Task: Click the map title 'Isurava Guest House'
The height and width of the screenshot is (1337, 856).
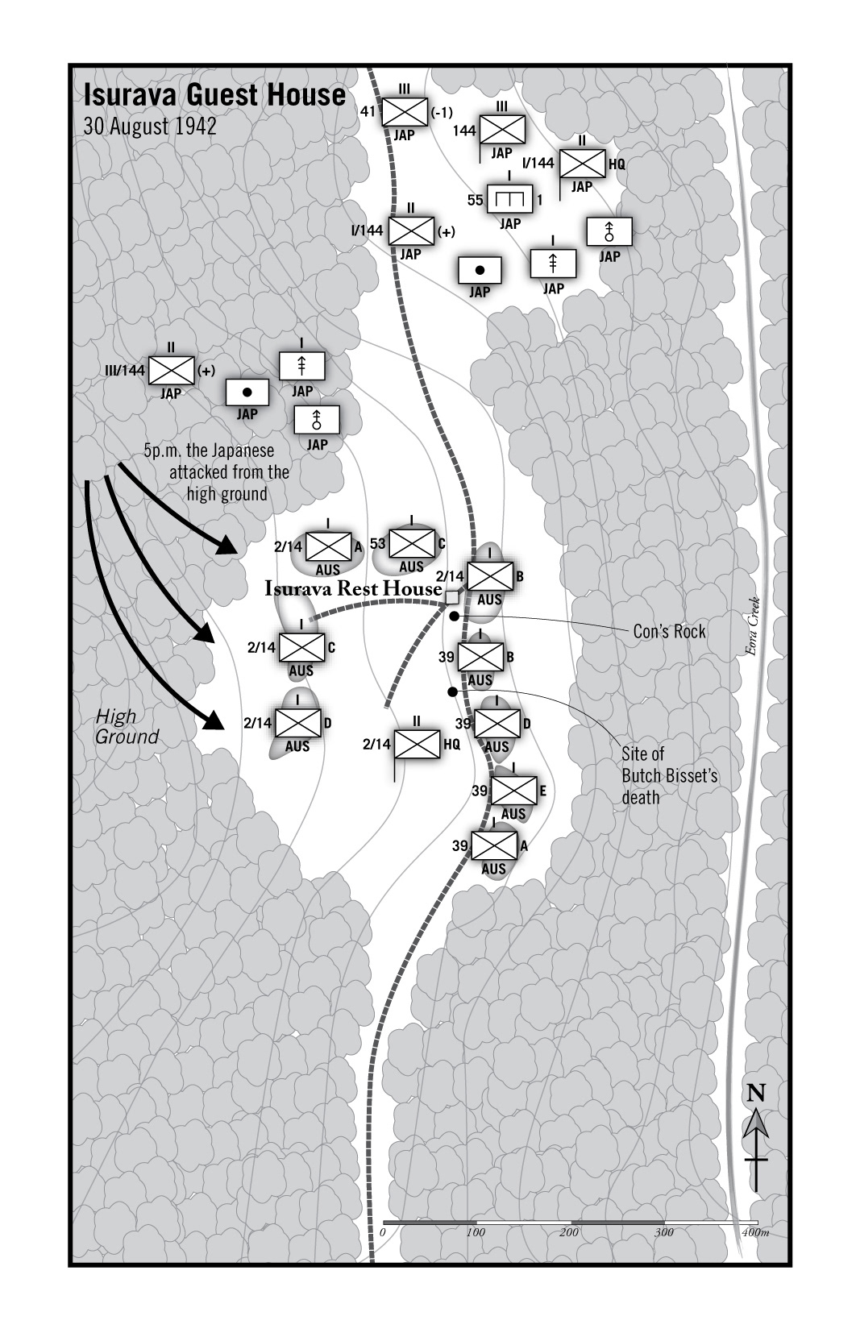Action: click(x=214, y=95)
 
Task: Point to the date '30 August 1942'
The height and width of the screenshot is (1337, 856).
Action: click(x=150, y=127)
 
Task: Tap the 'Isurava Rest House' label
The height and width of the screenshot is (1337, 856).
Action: click(x=353, y=589)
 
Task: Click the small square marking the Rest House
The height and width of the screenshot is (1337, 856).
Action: click(x=452, y=597)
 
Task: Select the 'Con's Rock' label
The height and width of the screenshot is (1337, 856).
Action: click(x=669, y=631)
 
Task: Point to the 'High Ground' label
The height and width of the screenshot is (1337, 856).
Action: click(x=127, y=726)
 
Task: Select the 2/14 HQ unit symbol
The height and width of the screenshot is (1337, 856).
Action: click(x=418, y=744)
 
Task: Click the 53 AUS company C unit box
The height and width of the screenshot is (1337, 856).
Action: click(x=412, y=544)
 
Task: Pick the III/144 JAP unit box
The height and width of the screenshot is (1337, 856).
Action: click(x=172, y=371)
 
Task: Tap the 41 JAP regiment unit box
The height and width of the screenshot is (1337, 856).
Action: click(x=404, y=112)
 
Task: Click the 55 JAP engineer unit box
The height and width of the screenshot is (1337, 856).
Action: click(x=510, y=198)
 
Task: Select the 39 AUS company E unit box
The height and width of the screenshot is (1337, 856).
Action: click(x=513, y=791)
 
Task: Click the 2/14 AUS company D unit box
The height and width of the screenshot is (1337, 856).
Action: click(x=298, y=723)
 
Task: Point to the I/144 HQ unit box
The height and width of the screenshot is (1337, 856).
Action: click(x=582, y=164)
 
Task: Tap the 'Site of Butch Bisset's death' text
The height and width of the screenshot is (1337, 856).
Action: click(x=669, y=775)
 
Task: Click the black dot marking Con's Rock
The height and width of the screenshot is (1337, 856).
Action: click(x=455, y=617)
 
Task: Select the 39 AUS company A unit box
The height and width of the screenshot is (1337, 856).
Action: click(x=493, y=845)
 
